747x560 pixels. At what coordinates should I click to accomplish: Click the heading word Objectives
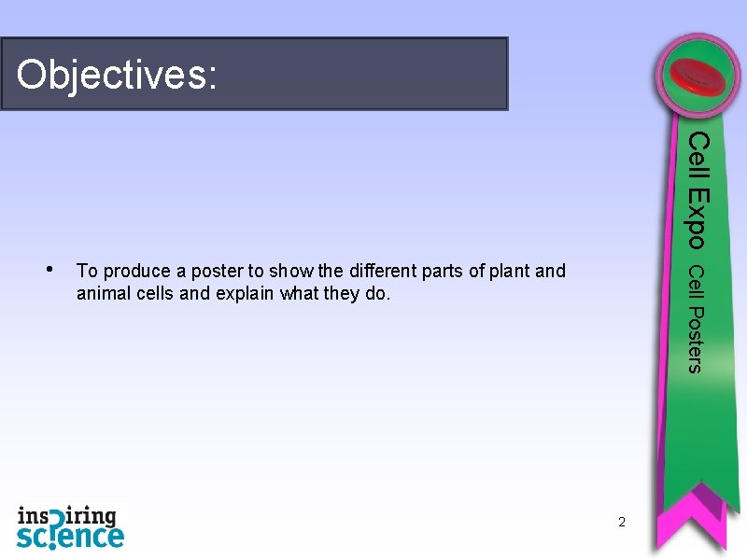tap(117, 75)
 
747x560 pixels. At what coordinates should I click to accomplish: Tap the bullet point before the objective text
tap(49, 270)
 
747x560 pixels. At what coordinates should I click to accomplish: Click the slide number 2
tap(621, 521)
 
